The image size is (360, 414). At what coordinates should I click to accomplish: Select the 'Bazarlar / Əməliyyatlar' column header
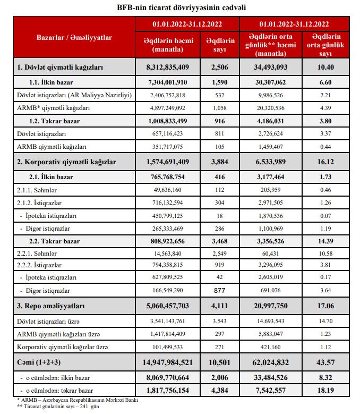click(74, 37)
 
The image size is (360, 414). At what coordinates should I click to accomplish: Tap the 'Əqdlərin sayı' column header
click(220, 45)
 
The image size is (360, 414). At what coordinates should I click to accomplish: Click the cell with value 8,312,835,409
click(167, 67)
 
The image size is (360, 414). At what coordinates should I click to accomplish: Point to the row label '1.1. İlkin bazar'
click(53, 82)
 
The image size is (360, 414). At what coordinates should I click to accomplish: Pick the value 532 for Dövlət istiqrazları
click(220, 95)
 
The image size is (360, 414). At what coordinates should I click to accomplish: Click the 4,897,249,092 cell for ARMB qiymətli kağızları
click(167, 108)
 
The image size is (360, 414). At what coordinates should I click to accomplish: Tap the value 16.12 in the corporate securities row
click(325, 160)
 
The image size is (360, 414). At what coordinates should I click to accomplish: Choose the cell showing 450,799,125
click(167, 215)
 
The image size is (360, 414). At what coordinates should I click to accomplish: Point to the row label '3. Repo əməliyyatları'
click(51, 306)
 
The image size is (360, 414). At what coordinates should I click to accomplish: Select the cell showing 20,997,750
click(271, 306)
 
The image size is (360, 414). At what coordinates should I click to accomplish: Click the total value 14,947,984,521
click(167, 362)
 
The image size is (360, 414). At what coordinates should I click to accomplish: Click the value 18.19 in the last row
click(325, 391)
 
